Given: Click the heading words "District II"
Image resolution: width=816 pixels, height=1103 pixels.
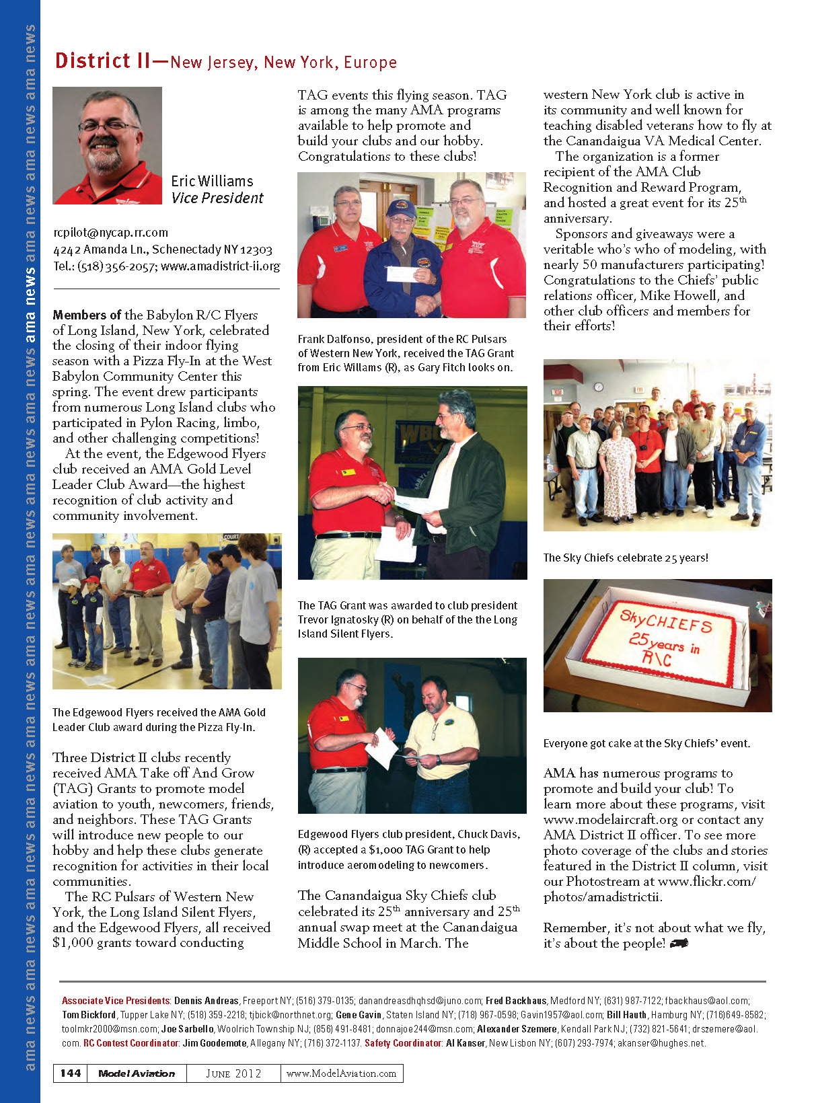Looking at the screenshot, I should (x=102, y=61).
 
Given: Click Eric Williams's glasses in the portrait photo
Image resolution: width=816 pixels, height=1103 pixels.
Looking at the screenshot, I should (x=108, y=126).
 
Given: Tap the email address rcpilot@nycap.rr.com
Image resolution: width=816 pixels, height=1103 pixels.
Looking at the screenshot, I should (x=110, y=233).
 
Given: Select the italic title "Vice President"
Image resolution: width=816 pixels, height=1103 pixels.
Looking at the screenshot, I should (x=217, y=198).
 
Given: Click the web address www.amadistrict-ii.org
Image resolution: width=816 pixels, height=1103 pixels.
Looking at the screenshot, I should (x=220, y=266).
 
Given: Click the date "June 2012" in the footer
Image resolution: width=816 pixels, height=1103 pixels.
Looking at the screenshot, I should (x=233, y=1073).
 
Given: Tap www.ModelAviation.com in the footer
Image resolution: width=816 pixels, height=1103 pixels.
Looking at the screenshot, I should (x=341, y=1073).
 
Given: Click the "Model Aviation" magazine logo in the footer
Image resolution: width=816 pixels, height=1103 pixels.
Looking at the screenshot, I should (x=137, y=1073).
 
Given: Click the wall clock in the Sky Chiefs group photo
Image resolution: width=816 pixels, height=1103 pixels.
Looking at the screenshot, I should (x=598, y=387).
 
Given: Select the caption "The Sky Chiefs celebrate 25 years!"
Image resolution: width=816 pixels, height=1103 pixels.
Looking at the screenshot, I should (x=625, y=558).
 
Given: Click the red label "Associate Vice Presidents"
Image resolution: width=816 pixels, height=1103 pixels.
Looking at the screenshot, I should (x=116, y=1001).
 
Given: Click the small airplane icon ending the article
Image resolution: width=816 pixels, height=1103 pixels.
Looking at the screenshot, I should (x=679, y=944).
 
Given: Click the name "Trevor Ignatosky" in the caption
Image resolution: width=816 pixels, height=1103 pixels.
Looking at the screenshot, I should (x=338, y=619).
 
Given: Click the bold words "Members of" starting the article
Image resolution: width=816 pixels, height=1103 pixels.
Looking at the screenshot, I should (x=87, y=315).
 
